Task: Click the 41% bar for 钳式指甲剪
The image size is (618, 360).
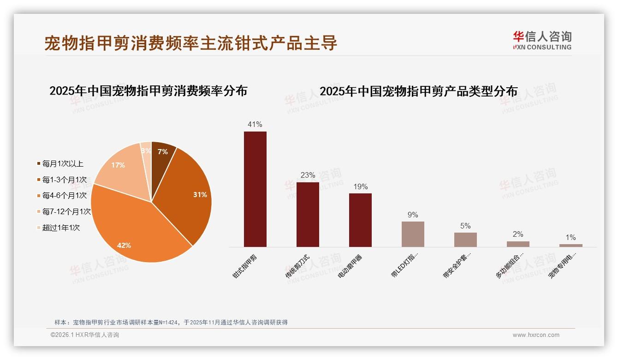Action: point(255,189)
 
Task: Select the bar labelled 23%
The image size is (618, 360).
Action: point(308,215)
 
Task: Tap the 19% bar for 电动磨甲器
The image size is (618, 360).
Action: point(360,220)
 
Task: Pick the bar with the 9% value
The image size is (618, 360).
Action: point(413,234)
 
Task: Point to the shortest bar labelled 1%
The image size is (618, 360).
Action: point(570,246)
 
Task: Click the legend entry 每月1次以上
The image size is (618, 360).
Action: point(62,164)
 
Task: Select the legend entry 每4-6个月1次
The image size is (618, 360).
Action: point(64,196)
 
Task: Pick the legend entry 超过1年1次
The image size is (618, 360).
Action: point(60,228)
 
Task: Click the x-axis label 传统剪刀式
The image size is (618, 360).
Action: point(297,267)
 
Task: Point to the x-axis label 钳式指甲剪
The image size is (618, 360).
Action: point(245,267)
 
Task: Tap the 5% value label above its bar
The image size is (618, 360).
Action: point(465,226)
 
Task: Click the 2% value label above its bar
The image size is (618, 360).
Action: point(518,234)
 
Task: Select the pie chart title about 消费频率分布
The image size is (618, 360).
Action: point(148,91)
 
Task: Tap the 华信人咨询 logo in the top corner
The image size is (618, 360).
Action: point(542,40)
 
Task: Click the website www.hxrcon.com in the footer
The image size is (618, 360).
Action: point(536,335)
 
